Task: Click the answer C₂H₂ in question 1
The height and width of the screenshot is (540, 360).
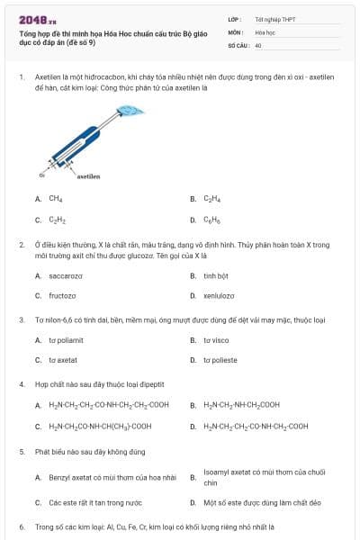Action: click(57, 219)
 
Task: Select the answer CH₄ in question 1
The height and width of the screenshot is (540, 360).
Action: click(56, 198)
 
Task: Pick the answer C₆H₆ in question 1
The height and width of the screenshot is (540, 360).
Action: click(211, 219)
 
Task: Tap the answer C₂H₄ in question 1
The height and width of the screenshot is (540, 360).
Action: click(211, 198)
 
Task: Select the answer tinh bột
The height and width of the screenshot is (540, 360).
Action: click(216, 275)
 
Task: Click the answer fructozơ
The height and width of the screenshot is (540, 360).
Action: click(62, 295)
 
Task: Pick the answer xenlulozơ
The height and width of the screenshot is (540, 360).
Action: click(219, 295)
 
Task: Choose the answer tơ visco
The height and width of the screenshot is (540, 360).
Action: click(216, 340)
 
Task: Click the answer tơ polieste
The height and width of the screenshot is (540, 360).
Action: click(220, 360)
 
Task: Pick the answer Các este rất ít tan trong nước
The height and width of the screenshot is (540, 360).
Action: click(94, 501)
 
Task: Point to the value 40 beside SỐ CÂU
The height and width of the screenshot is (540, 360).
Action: click(258, 44)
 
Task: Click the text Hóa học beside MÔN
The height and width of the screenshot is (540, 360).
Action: click(265, 31)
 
